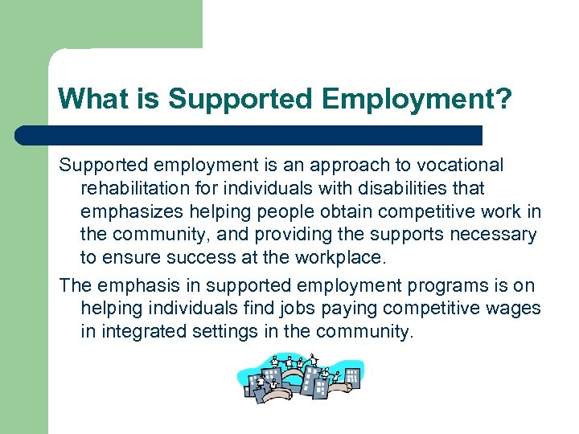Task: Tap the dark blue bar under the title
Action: click(x=249, y=135)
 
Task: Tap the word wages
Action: click(x=515, y=309)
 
